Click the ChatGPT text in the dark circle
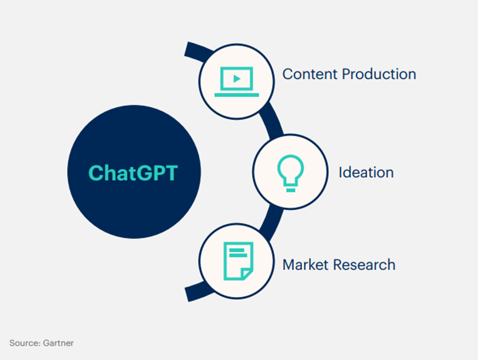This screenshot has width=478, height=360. pos(133,173)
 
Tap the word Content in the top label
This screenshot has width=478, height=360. pos(309,74)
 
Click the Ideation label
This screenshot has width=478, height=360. pos(366,172)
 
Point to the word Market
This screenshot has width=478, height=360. pos(306,264)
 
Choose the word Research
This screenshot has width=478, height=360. pos(364,264)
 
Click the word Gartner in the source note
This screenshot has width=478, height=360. pos(58,343)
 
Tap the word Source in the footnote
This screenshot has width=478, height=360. pos(24,343)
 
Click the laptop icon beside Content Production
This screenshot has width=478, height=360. pos(237,81)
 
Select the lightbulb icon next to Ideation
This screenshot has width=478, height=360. pos(291,173)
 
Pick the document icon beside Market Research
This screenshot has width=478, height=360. pos(239,261)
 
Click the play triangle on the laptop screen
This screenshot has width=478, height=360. pos(237,79)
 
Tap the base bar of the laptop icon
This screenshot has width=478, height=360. pos(237,95)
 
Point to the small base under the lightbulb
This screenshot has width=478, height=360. pos(291,190)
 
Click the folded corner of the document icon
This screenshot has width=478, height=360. pos(247,274)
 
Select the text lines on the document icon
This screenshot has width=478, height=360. pos(238,252)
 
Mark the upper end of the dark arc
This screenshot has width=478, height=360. pos(187,49)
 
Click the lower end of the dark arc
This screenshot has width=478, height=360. pos(187,294)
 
